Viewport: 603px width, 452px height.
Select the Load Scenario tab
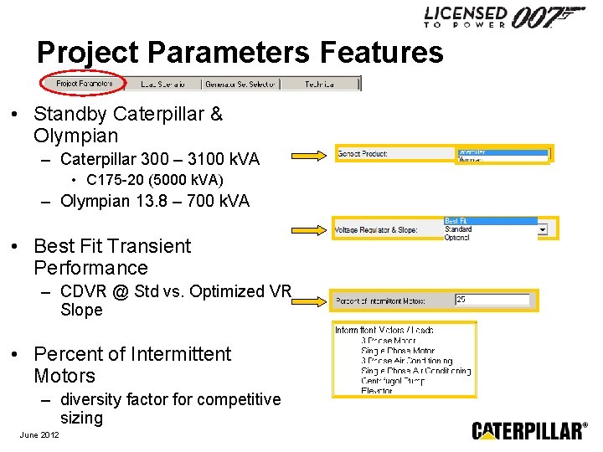pos(160,84)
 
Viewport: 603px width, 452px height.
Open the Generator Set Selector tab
pos(240,84)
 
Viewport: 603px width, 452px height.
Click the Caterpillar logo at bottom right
pos(529,430)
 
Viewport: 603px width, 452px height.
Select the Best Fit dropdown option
pos(490,221)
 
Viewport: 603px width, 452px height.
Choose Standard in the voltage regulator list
pos(459,229)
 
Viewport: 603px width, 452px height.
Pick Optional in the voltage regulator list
pos(458,237)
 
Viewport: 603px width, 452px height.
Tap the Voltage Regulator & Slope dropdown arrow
pos(543,229)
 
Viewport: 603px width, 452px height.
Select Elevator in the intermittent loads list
pos(377,390)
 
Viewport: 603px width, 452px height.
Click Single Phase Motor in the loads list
pos(398,351)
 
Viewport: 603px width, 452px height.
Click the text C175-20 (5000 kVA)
pos(155,180)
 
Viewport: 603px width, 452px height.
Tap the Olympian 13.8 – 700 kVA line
pos(155,201)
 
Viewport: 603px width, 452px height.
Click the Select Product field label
pos(363,154)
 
